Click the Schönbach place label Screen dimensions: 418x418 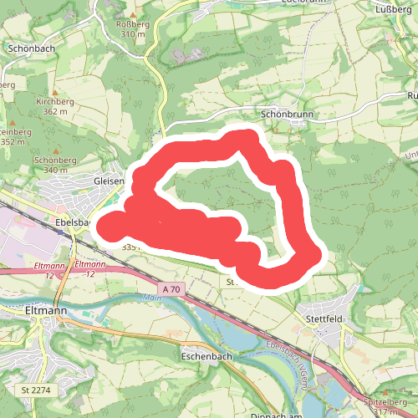(31, 48)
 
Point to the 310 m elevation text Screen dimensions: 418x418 (132, 35)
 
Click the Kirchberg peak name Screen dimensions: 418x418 (55, 101)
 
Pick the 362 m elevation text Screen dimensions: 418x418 (55, 111)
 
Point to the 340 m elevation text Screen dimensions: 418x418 (55, 170)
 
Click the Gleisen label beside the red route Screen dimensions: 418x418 (110, 181)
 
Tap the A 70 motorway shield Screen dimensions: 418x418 (171, 289)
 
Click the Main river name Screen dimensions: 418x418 (151, 298)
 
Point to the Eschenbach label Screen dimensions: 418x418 (206, 355)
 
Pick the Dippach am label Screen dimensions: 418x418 (275, 414)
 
